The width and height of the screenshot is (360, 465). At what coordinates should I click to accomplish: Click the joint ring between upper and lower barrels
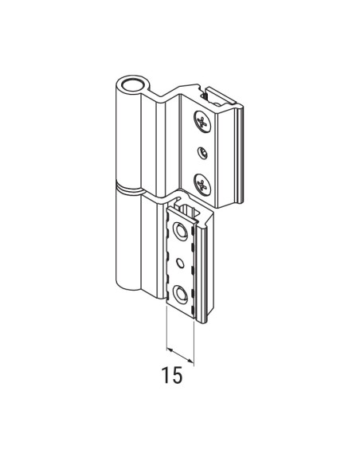pos(129,190)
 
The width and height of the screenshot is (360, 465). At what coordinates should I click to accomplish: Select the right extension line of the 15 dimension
pos(194,338)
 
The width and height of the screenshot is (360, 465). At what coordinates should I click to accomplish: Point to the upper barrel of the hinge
pos(127,135)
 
